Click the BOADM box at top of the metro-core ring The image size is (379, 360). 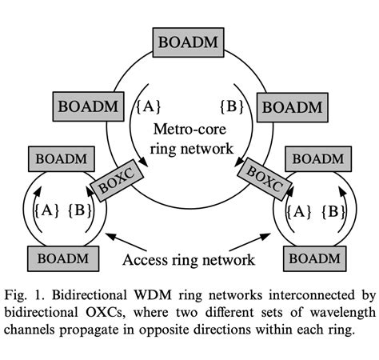[190, 40]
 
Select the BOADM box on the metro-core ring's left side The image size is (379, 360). [88, 104]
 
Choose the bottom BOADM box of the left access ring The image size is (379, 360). [63, 258]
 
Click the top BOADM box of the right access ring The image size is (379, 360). [319, 158]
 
